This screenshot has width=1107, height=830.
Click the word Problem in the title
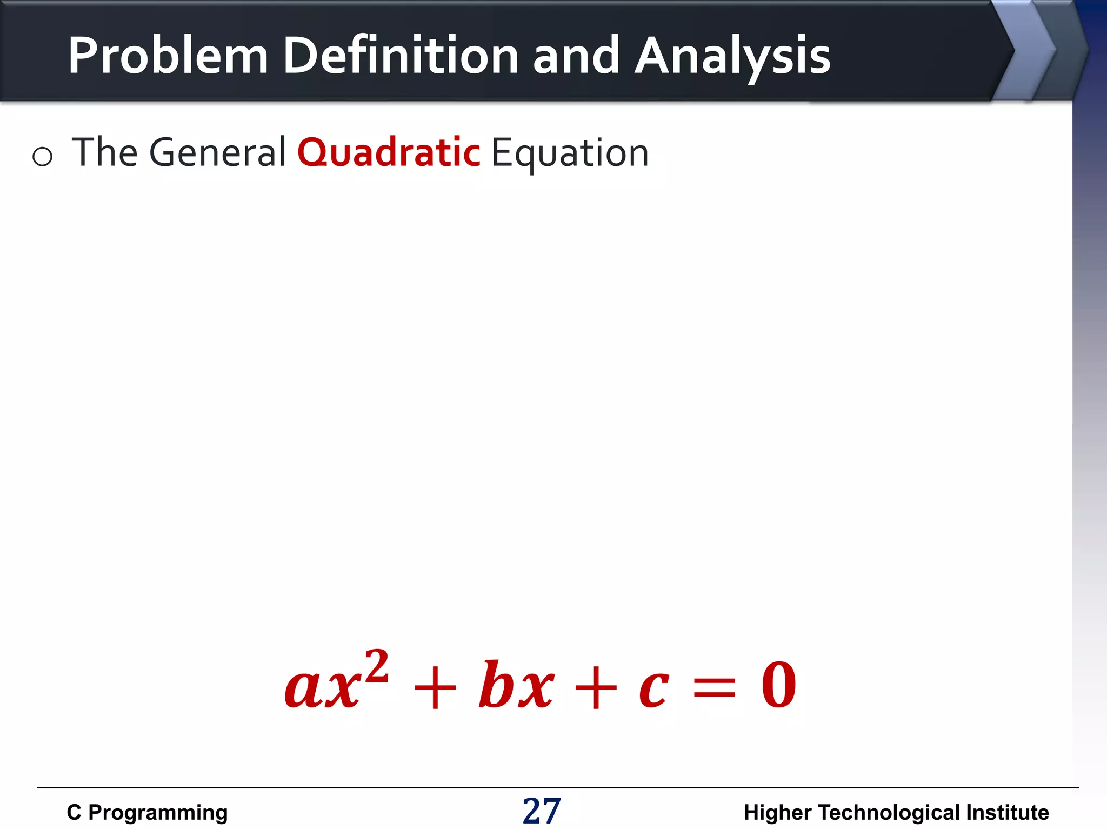(x=168, y=56)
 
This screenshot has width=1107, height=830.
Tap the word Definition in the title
(x=401, y=56)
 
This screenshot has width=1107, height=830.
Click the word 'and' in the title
(x=576, y=56)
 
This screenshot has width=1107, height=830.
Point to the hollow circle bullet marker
(x=42, y=157)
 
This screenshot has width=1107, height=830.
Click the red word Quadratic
(x=388, y=153)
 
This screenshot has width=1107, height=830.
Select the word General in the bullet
(x=217, y=153)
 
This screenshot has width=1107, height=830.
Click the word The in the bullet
(x=105, y=153)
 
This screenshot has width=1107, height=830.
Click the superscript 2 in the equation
(x=377, y=667)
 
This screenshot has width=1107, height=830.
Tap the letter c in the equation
(x=653, y=689)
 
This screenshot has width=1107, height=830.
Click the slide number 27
(x=542, y=811)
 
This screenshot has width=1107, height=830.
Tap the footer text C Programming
(x=147, y=812)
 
